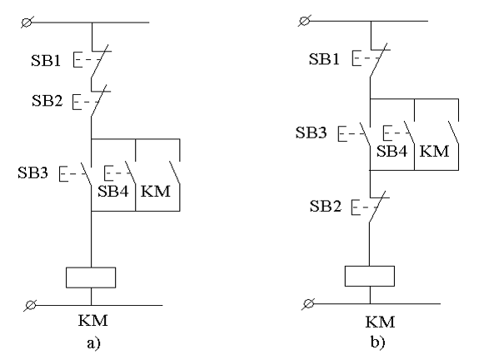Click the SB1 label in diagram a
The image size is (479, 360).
pyautogui.click(x=46, y=60)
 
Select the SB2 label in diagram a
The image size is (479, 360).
pyautogui.click(x=47, y=100)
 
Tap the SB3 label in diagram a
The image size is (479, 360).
pyautogui.click(x=33, y=172)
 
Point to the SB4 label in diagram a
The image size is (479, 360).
pyautogui.click(x=113, y=192)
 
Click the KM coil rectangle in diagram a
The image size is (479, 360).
pyautogui.click(x=91, y=277)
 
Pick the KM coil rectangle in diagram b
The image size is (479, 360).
pyautogui.click(x=370, y=276)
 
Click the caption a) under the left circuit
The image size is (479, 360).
pyautogui.click(x=94, y=343)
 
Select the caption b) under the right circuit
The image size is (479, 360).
pyautogui.click(x=378, y=342)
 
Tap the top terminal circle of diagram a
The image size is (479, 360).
pyautogui.click(x=27, y=22)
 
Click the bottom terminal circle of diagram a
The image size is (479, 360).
pyautogui.click(x=31, y=305)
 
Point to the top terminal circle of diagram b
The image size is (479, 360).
pyautogui.click(x=305, y=21)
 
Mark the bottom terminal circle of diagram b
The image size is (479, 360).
pyautogui.click(x=309, y=304)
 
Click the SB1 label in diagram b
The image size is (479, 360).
pyautogui.click(x=324, y=58)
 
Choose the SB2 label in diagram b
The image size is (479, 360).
pyautogui.click(x=326, y=206)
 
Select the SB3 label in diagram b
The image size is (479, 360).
pyautogui.click(x=311, y=132)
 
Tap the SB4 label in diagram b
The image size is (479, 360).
pyautogui.click(x=392, y=151)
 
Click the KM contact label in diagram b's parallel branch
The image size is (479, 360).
pyautogui.click(x=434, y=151)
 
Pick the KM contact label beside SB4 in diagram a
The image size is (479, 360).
pyautogui.click(x=156, y=192)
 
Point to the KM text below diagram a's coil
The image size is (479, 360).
pyautogui.click(x=93, y=321)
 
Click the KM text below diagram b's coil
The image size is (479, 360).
pyautogui.click(x=381, y=322)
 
